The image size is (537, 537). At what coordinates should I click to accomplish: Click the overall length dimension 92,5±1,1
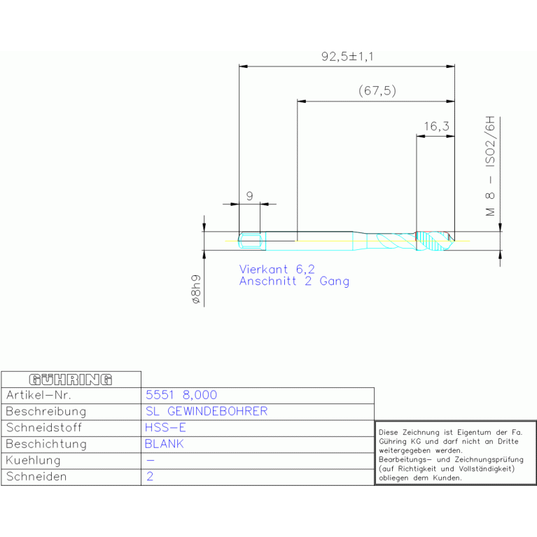(x=347, y=57)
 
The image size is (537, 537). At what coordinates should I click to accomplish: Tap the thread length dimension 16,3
(x=436, y=126)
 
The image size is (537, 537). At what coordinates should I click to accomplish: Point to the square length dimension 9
(x=250, y=196)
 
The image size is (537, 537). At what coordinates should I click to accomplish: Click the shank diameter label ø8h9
(x=195, y=289)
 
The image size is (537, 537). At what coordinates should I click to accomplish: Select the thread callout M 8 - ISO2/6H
(x=490, y=166)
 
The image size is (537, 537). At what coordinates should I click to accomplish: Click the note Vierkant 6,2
(x=277, y=269)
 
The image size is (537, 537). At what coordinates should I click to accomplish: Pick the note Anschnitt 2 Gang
(x=294, y=281)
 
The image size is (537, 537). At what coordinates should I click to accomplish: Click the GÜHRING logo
(x=71, y=379)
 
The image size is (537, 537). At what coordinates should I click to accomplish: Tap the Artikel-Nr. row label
(x=39, y=395)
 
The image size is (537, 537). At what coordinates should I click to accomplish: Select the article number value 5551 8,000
(x=181, y=395)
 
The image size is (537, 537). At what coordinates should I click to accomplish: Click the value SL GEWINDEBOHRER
(x=207, y=411)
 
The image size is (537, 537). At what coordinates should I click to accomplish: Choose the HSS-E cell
(x=165, y=427)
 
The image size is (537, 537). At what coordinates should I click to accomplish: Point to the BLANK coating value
(x=165, y=444)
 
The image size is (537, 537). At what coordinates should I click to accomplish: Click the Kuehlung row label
(x=33, y=460)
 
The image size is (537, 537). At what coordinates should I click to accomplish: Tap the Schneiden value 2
(x=150, y=476)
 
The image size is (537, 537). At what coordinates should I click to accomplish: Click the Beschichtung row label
(x=46, y=444)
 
